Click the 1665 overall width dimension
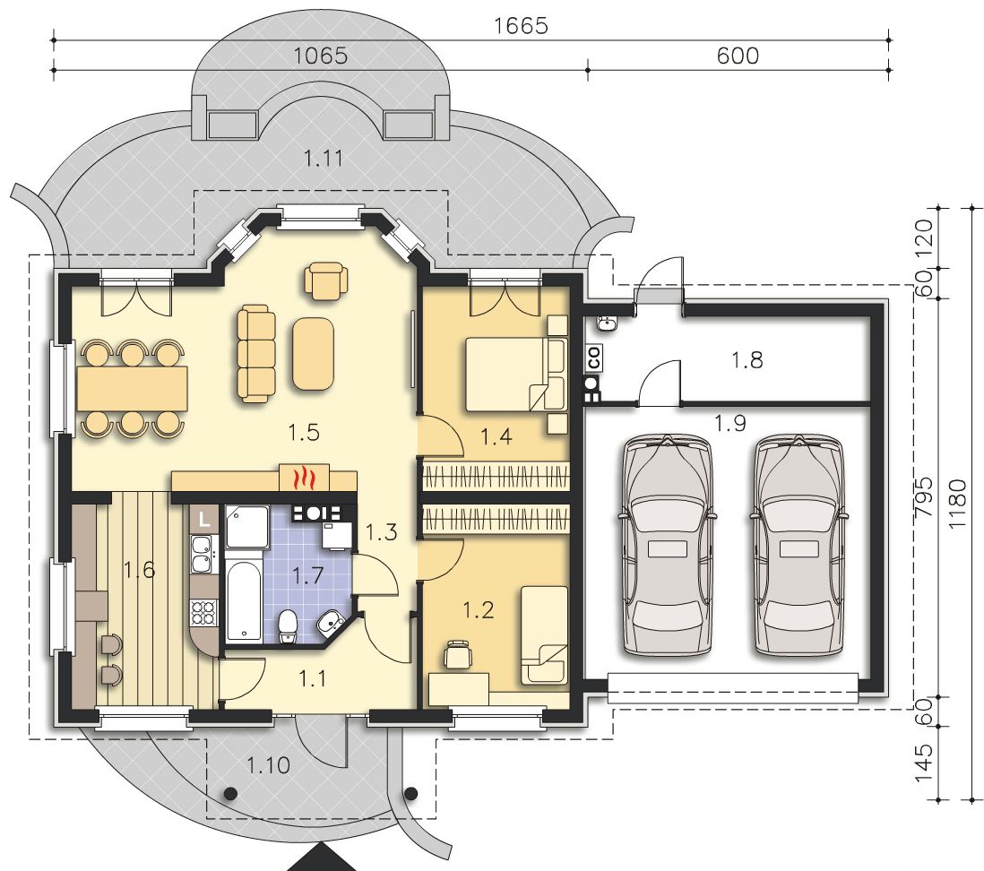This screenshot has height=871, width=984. tap(521, 26)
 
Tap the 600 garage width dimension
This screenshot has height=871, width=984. tap(738, 56)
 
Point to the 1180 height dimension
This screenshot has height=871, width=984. tap(958, 504)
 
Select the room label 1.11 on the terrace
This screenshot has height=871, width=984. tap(324, 158)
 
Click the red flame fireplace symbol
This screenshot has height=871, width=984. tap(304, 479)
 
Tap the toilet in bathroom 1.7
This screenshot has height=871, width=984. tap(288, 625)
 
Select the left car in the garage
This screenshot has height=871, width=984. tap(668, 546)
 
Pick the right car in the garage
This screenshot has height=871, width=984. tap(798, 546)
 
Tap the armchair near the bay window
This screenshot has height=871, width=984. tap(325, 280)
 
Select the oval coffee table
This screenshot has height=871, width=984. tap(313, 353)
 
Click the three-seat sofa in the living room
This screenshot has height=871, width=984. tap(256, 353)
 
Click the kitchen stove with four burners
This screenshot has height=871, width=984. tap(204, 612)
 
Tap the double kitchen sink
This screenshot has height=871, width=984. tap(203, 554)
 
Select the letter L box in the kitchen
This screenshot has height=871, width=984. tap(203, 519)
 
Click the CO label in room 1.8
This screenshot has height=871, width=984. tap(593, 358)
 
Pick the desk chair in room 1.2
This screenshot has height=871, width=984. tap(457, 654)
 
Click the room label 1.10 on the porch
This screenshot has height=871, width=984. tap(268, 765)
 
